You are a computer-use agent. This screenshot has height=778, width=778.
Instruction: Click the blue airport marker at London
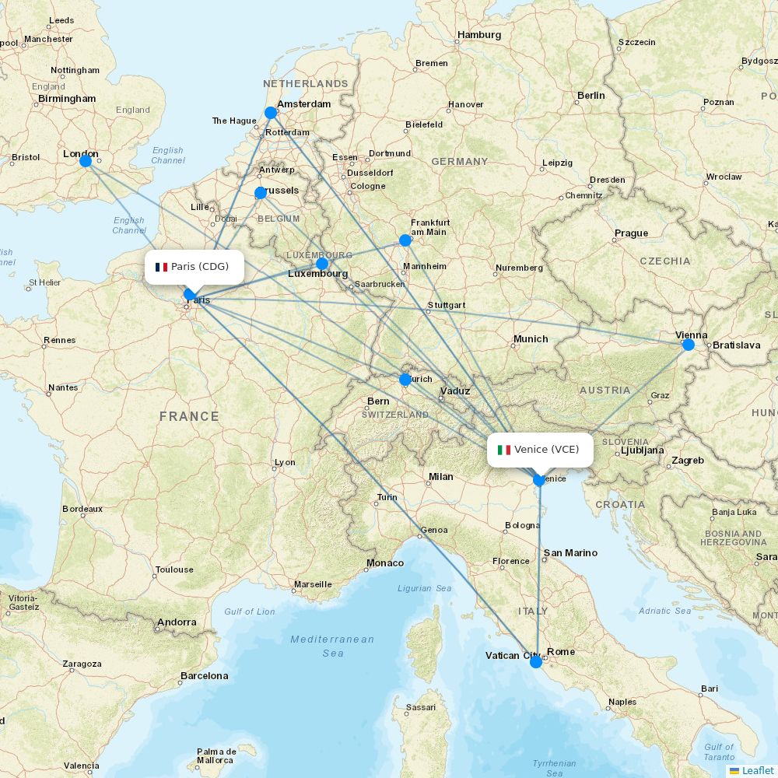point(86,161)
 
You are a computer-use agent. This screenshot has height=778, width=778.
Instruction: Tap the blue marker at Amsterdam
point(271,113)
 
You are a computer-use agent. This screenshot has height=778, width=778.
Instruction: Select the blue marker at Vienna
point(689,345)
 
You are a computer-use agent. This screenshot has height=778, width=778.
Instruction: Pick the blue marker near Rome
point(536,662)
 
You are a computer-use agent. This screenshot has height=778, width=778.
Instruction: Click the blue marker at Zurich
point(405,380)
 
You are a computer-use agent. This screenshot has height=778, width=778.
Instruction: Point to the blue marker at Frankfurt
point(405,240)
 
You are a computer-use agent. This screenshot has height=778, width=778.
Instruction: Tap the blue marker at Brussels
point(261,193)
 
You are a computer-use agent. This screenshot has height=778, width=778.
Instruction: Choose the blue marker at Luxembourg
point(322,264)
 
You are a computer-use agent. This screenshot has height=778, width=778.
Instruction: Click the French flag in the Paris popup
point(162,267)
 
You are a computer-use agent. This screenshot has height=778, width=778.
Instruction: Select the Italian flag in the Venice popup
point(504,450)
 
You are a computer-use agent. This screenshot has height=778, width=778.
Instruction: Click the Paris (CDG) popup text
point(200,267)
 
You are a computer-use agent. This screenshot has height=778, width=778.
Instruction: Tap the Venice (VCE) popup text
point(547,450)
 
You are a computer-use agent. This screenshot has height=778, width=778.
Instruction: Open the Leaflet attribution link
point(757,770)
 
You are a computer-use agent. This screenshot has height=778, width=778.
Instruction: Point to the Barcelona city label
point(204,676)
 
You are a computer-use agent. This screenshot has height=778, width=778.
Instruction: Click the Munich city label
point(531,339)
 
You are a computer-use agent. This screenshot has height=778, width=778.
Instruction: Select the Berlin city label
point(591,96)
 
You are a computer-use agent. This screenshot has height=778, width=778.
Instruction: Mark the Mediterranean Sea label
point(332,646)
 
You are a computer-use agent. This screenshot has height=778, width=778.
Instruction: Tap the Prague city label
point(631,233)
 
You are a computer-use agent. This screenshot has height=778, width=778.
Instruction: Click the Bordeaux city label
point(82,510)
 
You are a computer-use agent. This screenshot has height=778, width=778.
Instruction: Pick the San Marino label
point(570,553)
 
